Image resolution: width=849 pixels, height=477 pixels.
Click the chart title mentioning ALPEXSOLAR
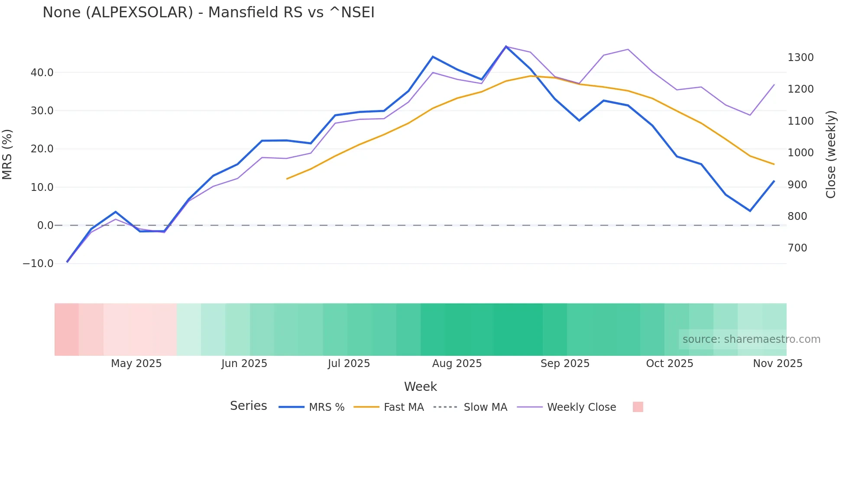pos(208,13)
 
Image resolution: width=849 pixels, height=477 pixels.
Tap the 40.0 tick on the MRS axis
pos(42,73)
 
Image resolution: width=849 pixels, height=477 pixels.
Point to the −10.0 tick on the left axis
pos(38,264)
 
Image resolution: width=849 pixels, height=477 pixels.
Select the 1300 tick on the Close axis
pos(800,58)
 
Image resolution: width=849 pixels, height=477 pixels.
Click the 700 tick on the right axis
pos(797,248)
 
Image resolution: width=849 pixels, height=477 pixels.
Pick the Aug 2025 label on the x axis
pos(457,364)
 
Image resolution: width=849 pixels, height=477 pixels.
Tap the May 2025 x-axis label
pos(136,364)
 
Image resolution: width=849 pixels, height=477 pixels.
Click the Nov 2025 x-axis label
pos(778,364)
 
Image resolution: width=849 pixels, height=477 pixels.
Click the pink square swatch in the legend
pos(638,407)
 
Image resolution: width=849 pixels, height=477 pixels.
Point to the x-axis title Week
pos(420,387)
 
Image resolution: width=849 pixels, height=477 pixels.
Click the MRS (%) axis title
pos(7,155)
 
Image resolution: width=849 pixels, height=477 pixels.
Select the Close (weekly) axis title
pos(830,155)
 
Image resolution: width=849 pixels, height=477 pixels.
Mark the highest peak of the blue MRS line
pos(506,46)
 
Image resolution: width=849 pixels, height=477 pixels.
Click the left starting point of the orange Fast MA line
pos(287,179)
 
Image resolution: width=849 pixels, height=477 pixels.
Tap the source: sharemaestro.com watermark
pos(751,339)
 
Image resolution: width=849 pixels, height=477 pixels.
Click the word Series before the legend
pos(248,406)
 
